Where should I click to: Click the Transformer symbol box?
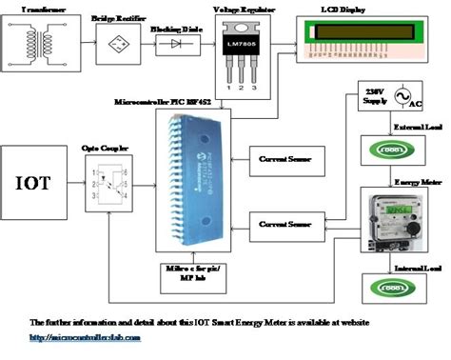38,46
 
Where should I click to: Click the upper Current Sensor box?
285,157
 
